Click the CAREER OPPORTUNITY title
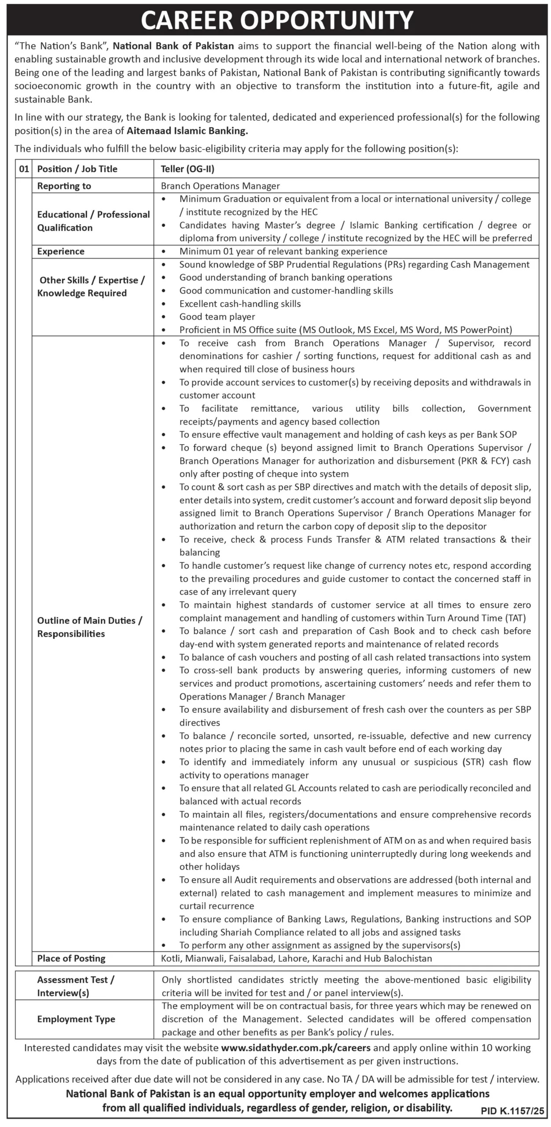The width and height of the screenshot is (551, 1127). coord(277,20)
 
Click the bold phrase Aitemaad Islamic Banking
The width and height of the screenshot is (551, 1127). coord(187,131)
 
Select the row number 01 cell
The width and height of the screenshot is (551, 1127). coord(23,169)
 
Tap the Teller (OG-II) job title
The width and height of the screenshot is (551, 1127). coord(188,169)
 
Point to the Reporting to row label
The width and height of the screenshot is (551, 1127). coord(64,186)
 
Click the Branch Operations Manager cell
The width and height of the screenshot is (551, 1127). coord(220,186)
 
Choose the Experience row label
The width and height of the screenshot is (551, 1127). coord(61,251)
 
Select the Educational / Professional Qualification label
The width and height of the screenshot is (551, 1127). coord(93,221)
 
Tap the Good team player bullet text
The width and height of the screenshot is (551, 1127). coord(217,317)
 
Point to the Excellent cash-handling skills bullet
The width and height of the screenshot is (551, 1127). coord(240,304)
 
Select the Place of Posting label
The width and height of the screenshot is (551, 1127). coord(71,958)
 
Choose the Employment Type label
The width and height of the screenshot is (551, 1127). coord(76,1019)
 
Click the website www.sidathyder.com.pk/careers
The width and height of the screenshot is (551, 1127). coord(296,1048)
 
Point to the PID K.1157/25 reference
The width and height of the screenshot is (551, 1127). coord(512,1111)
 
